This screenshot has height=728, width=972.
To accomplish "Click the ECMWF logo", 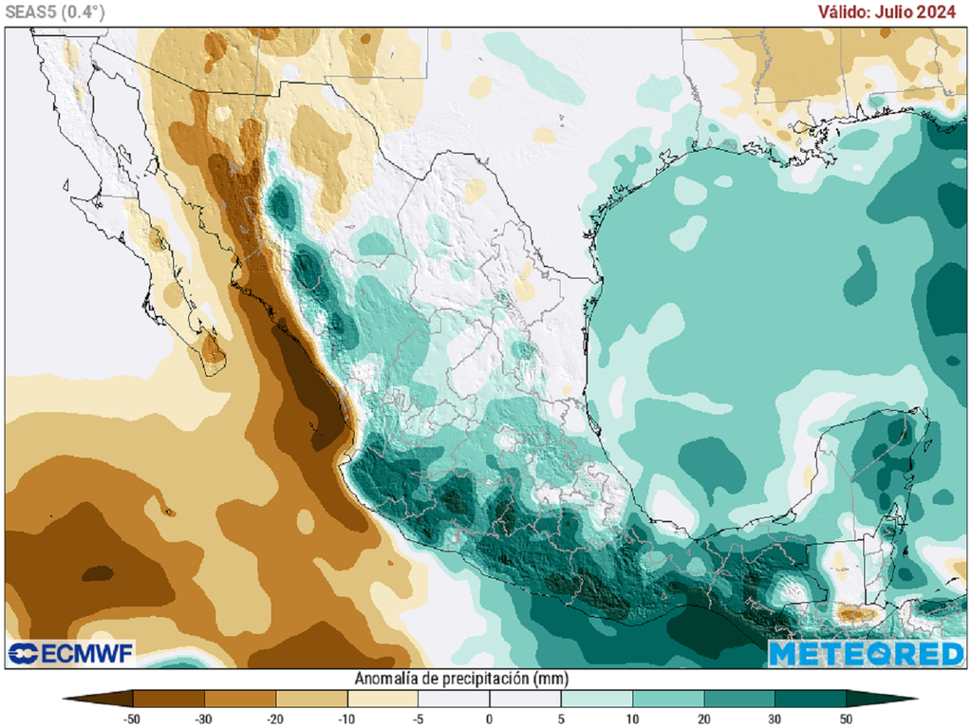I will [x=71, y=653].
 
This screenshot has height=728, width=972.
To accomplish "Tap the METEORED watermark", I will [x=866, y=653].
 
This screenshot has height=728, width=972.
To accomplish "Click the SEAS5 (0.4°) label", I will [x=53, y=11].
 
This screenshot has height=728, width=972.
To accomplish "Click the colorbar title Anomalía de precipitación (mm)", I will [x=461, y=679].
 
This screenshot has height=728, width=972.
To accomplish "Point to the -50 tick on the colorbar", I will [x=133, y=719].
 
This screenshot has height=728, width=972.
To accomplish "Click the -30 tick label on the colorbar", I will [x=204, y=719].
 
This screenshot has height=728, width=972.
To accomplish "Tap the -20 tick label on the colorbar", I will [x=275, y=719].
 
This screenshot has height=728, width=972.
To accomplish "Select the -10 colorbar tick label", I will [x=346, y=719].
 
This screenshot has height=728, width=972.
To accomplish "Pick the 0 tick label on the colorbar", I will [x=490, y=719].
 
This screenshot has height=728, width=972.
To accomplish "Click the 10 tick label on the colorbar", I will [x=632, y=719].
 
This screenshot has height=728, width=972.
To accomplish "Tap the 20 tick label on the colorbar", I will [x=703, y=719].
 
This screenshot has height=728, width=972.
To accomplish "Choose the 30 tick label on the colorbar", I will [x=775, y=719].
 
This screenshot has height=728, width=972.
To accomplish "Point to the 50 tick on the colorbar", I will [x=846, y=719].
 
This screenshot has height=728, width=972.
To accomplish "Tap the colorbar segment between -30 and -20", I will [x=239, y=700].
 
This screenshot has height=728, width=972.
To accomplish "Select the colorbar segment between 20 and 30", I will [x=738, y=700].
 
